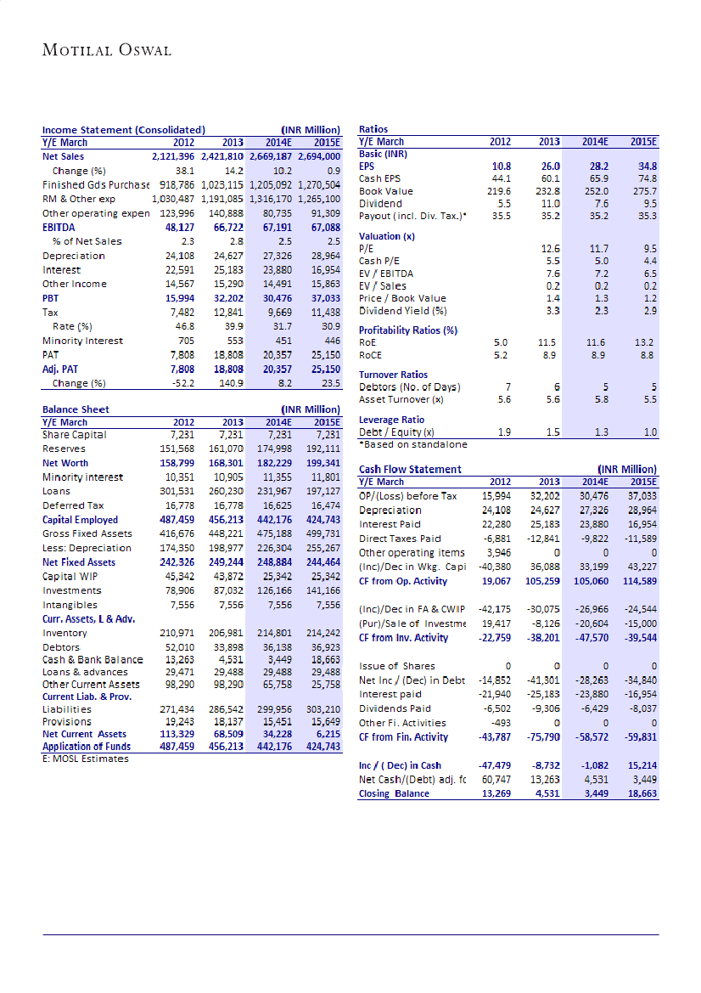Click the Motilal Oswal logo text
[107, 50]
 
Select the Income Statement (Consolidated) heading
[124, 130]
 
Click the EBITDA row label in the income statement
[60, 227]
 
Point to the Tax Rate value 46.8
[184, 326]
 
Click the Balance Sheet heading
[76, 409]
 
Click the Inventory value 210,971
[177, 633]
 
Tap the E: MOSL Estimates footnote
[86, 759]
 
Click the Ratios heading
[373, 129]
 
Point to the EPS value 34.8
[648, 166]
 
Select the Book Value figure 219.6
[504, 191]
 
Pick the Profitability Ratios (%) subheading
[408, 330]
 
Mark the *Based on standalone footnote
[413, 444]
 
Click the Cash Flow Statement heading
[410, 469]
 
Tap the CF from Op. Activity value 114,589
[639, 580]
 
